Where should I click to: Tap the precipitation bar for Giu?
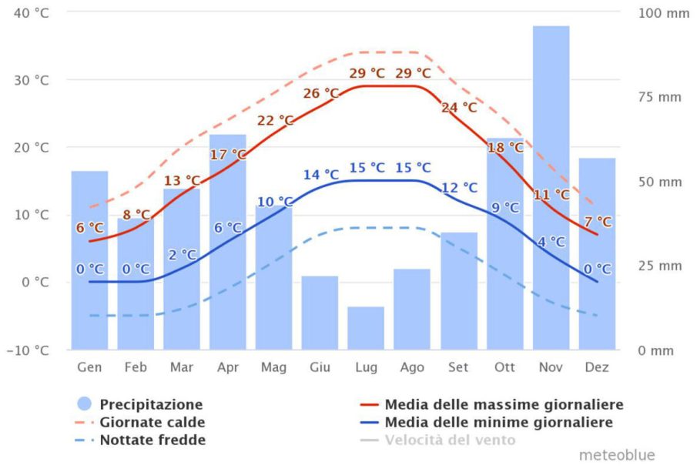tap(320, 312)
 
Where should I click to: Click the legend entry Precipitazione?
tap(151, 404)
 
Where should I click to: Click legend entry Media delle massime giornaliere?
tap(504, 404)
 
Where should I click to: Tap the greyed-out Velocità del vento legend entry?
tap(450, 440)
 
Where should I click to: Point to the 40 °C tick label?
tap(32, 12)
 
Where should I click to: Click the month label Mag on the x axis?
tap(273, 368)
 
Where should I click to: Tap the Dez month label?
tap(597, 368)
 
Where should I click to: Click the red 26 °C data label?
tap(321, 93)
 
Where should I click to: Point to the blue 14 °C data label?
tap(321, 175)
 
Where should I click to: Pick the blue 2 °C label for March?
tap(182, 255)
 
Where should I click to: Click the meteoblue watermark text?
tap(618, 455)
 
